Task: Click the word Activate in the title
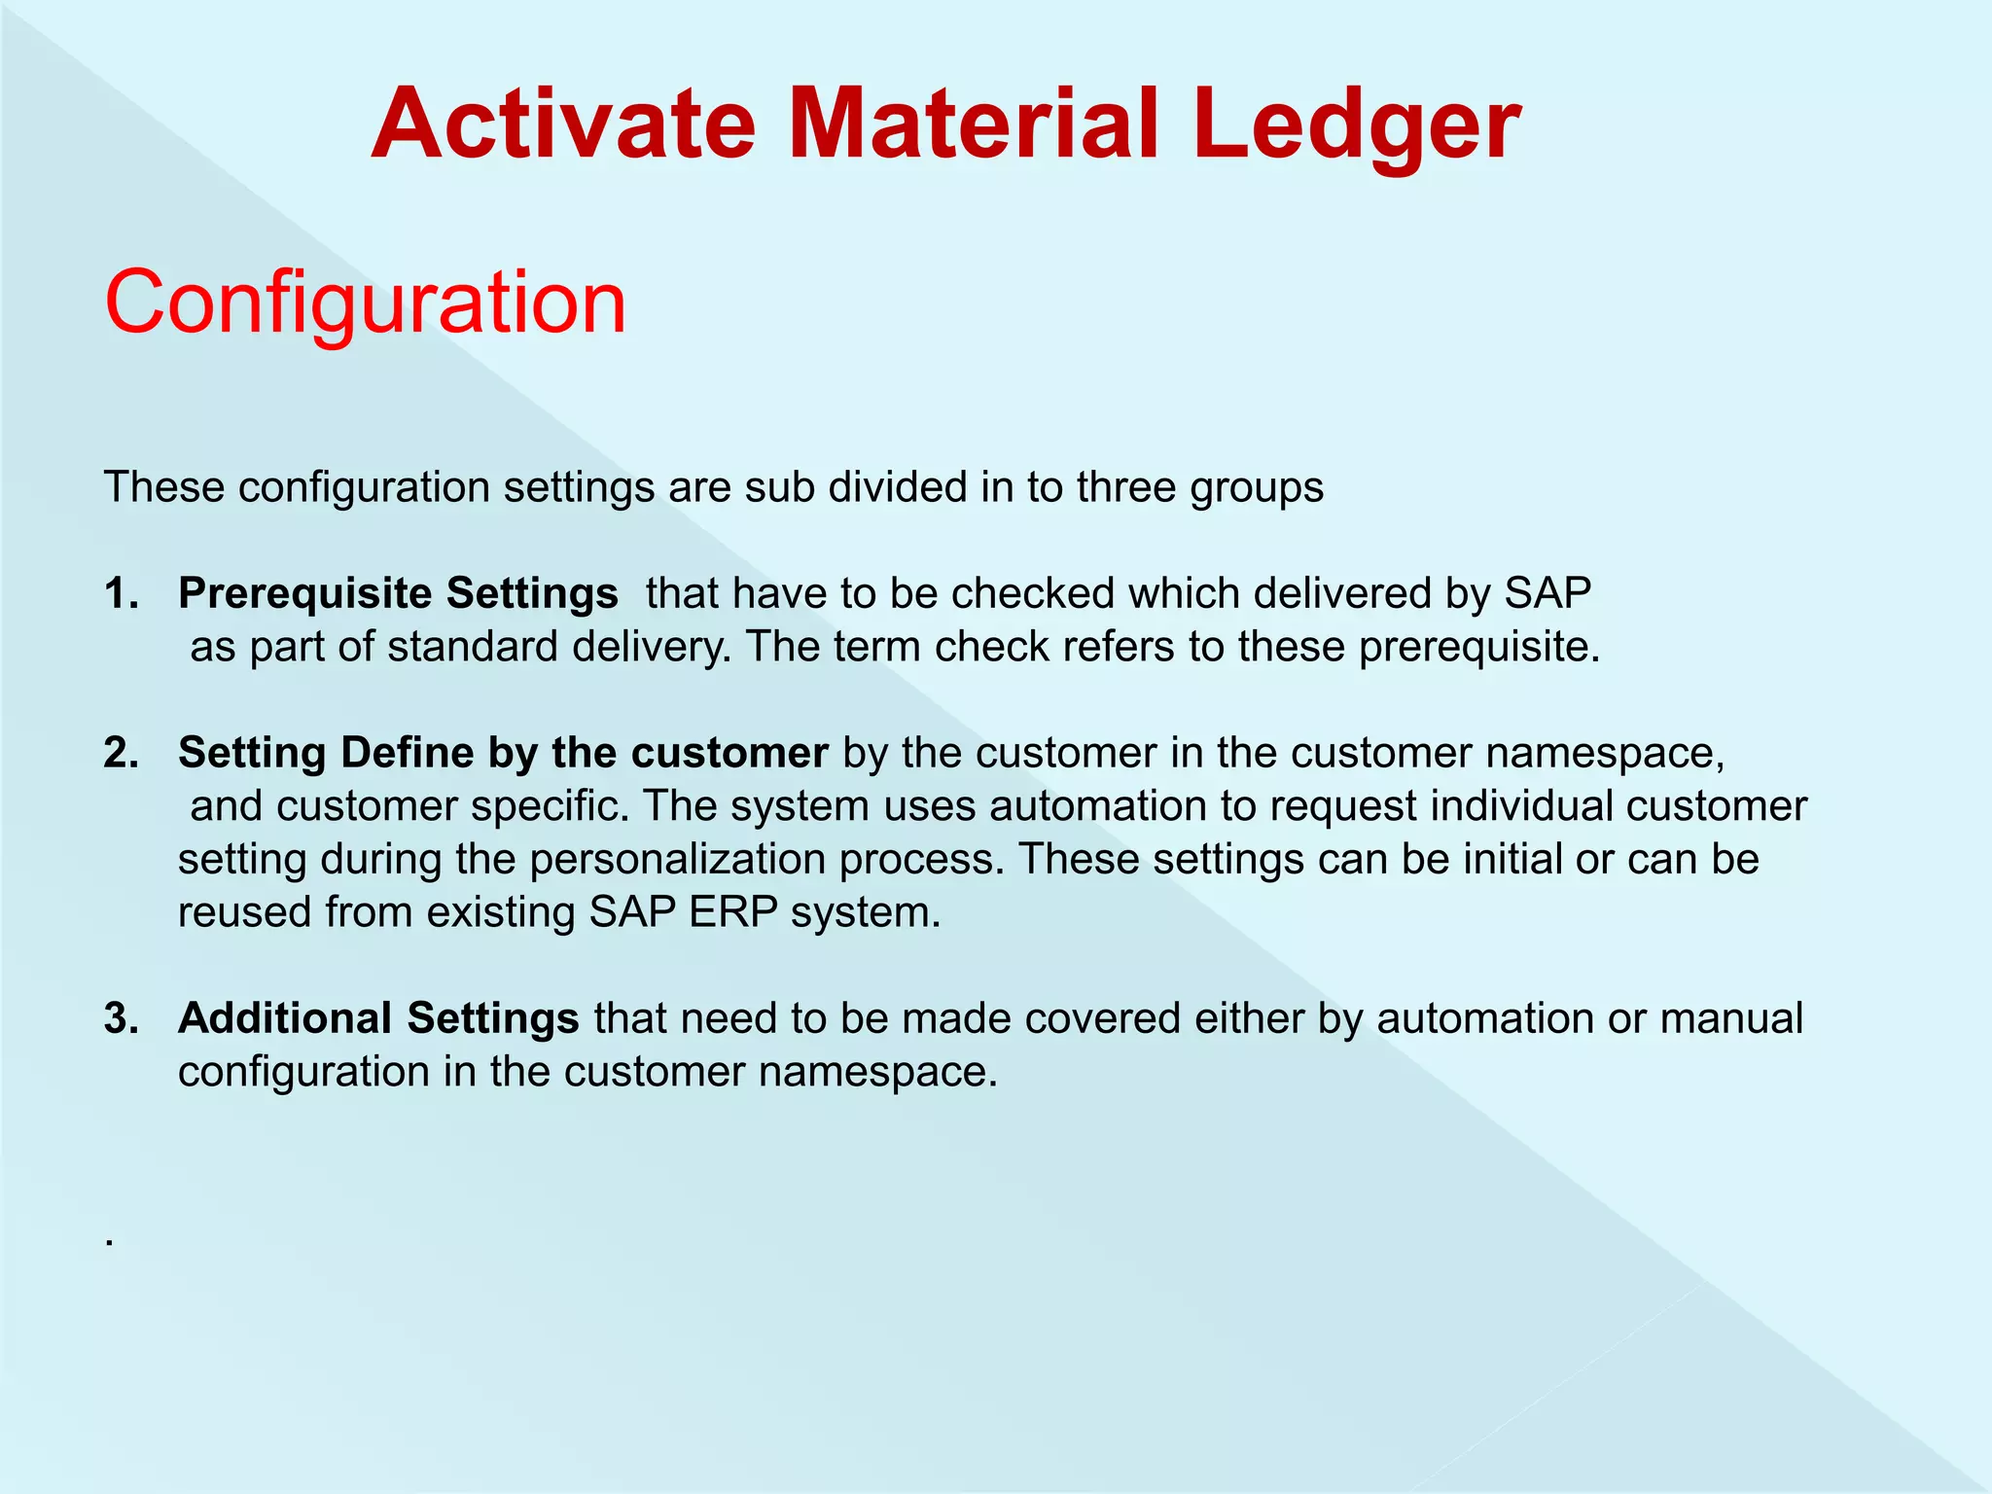pos(563,124)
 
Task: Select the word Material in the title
pos(973,124)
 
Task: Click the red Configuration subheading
pos(365,302)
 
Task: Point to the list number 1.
pos(121,593)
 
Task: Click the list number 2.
pos(121,753)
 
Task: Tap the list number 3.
pos(121,1018)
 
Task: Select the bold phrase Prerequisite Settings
pos(398,593)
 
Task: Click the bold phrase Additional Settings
pos(378,1018)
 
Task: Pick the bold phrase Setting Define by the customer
pos(503,753)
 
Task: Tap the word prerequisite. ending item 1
pos(1478,648)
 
